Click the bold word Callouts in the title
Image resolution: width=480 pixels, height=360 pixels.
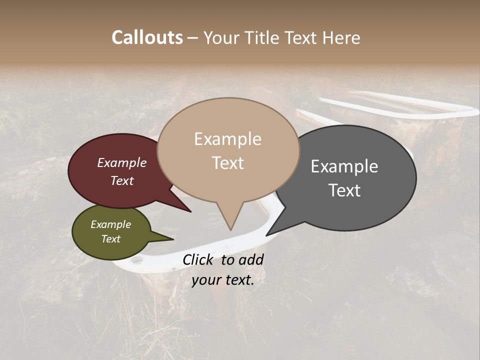[147, 37]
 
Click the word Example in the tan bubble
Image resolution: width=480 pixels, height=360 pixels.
[227, 139]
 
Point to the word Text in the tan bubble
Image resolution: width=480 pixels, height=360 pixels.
[227, 163]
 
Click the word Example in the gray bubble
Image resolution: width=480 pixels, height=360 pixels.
[344, 166]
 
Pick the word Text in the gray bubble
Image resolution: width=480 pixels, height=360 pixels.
[344, 190]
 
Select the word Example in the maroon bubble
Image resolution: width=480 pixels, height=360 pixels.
[121, 163]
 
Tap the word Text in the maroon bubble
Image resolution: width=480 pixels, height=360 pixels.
[121, 180]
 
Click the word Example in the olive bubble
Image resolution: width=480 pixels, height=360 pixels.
[110, 224]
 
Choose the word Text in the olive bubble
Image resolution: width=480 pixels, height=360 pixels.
[110, 239]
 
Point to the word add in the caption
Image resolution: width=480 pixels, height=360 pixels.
[250, 259]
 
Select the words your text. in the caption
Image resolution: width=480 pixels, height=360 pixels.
[222, 280]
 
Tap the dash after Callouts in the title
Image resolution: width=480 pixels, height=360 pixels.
[193, 37]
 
